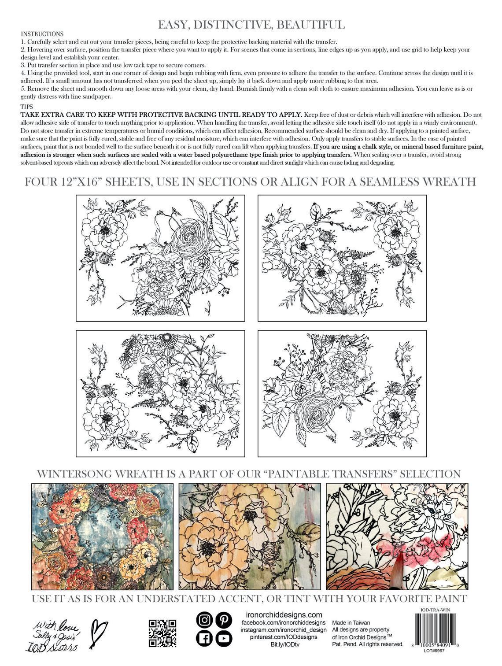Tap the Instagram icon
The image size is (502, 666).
204,620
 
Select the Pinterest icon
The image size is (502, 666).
224,620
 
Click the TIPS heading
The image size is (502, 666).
27,107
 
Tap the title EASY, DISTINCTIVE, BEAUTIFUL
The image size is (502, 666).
251,23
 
